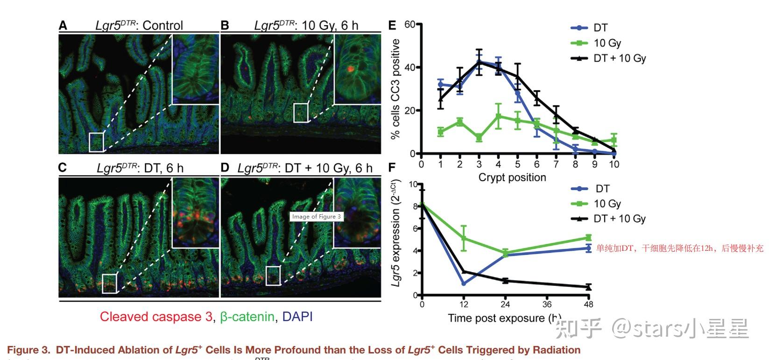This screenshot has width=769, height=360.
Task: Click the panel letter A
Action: coord(63,25)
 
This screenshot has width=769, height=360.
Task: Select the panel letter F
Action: coord(392,167)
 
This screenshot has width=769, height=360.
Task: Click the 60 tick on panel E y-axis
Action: coord(410,24)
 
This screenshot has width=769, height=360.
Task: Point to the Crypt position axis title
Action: coord(512,177)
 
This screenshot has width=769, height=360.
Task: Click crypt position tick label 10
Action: coord(614,164)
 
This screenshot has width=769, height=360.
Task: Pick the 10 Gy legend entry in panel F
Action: coord(607,204)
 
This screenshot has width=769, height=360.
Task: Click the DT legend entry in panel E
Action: coord(600,28)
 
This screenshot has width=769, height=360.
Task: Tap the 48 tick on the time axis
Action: coord(589,304)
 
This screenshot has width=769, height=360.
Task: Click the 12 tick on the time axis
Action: coord(463,304)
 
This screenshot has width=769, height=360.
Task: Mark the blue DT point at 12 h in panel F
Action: coord(464,284)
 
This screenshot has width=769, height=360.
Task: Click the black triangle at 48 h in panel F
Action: coord(589,287)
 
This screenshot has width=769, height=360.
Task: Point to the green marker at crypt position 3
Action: coord(479,138)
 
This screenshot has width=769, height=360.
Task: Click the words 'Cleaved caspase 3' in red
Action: coord(156,317)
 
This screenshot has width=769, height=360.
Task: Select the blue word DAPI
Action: coord(297,317)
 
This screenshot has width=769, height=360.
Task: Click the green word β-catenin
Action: coord(247,317)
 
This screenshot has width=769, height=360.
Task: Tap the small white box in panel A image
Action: coord(96,142)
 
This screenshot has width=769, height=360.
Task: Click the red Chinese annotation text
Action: coord(680,248)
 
